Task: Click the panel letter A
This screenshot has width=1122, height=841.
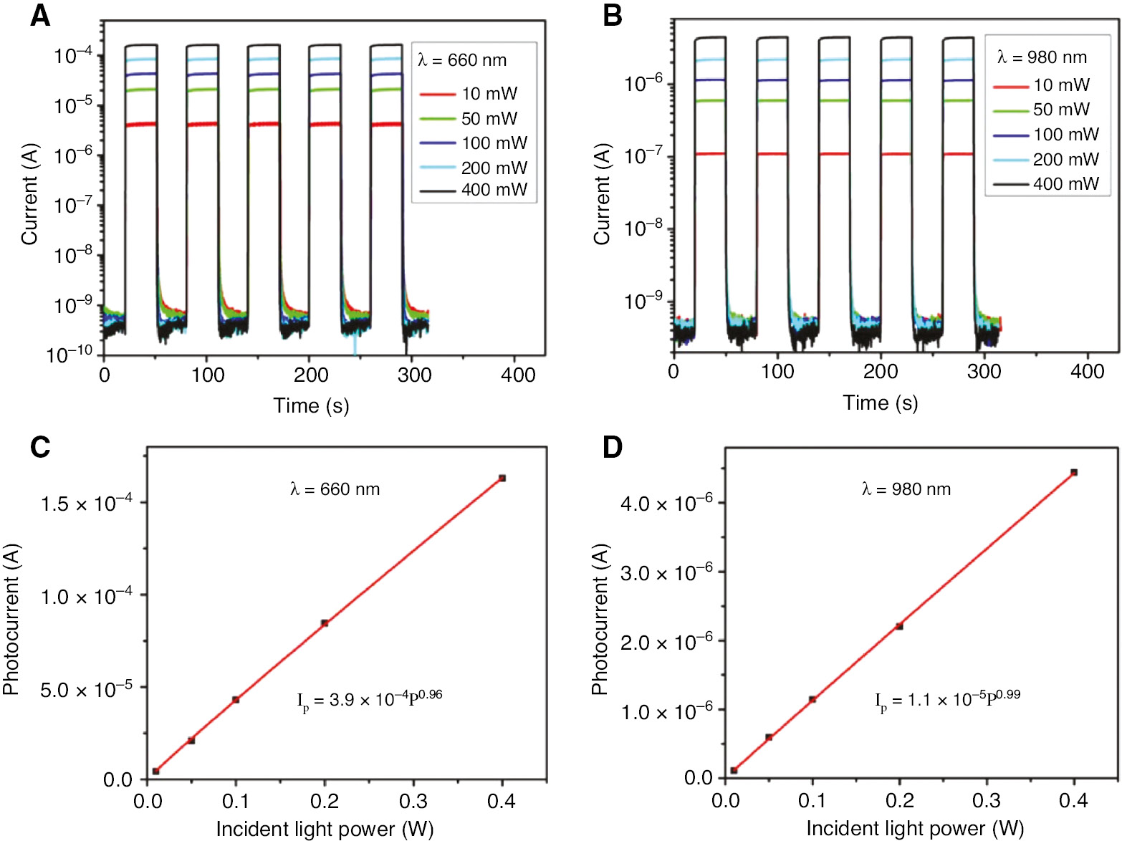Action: click(40, 15)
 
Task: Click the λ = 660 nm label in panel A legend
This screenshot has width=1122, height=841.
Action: click(462, 60)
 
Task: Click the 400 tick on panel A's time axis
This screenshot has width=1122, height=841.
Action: click(517, 375)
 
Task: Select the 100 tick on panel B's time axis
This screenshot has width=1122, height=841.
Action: click(777, 371)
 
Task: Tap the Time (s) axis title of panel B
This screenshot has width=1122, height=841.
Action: click(880, 403)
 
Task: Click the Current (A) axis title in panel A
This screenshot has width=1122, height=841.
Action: click(29, 194)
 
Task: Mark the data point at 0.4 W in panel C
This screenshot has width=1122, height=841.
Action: click(502, 478)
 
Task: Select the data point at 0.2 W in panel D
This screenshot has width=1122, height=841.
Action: click(899, 626)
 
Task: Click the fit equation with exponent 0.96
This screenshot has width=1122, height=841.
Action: click(370, 699)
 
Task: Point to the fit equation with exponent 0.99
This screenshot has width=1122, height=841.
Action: click(947, 699)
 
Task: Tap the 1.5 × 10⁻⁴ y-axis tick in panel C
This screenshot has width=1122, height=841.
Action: click(86, 504)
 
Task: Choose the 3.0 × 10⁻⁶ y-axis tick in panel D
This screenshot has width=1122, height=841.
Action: click(666, 573)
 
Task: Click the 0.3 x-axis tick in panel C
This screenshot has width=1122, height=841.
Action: click(413, 801)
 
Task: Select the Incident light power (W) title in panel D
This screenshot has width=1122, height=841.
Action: click(915, 828)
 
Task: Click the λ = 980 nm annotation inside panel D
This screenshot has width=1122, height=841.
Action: click(906, 489)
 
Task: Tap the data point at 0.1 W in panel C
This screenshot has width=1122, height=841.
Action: click(236, 699)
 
